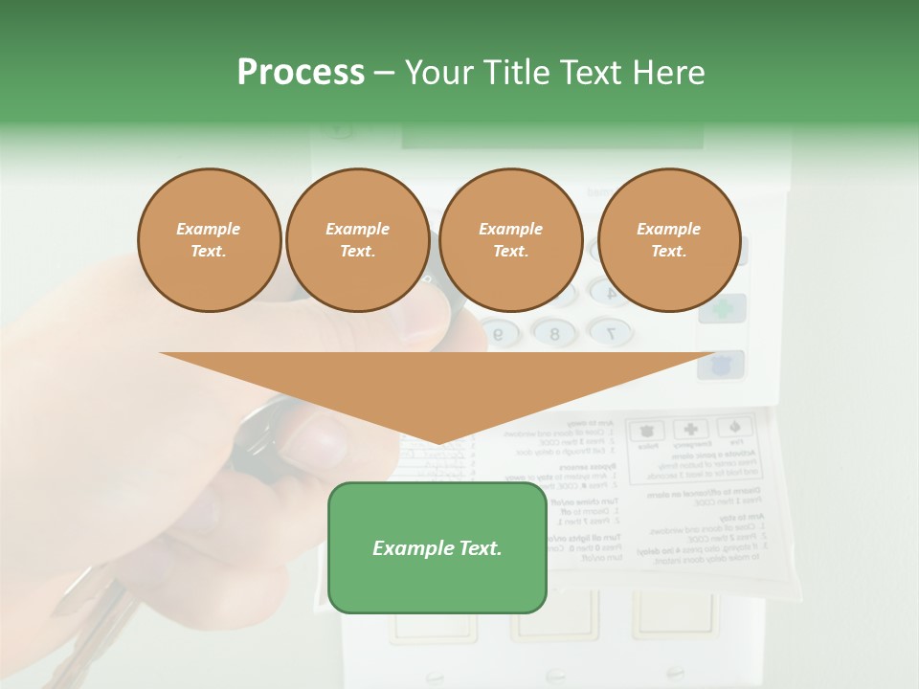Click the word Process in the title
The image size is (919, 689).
coord(301,73)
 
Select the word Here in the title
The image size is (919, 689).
coord(669,73)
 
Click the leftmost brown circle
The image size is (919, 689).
coord(209,239)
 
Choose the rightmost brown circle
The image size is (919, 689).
coord(669,239)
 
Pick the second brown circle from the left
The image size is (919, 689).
coord(357,239)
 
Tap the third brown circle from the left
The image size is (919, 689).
coord(511,239)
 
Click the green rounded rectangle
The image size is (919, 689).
coord(437,547)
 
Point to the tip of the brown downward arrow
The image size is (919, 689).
coord(438,443)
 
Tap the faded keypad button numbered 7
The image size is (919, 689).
coord(611,332)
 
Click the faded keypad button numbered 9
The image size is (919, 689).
coord(499,333)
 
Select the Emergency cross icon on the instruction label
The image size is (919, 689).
coord(688,430)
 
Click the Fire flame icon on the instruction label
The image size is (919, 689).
coord(735,428)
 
